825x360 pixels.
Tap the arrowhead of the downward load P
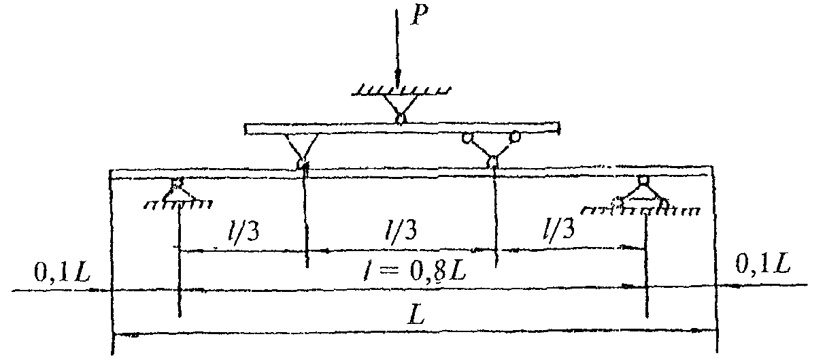tap(399, 77)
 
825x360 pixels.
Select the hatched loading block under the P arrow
tap(402, 89)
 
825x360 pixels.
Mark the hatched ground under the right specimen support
tap(643, 210)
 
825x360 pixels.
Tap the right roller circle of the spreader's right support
tap(516, 137)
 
